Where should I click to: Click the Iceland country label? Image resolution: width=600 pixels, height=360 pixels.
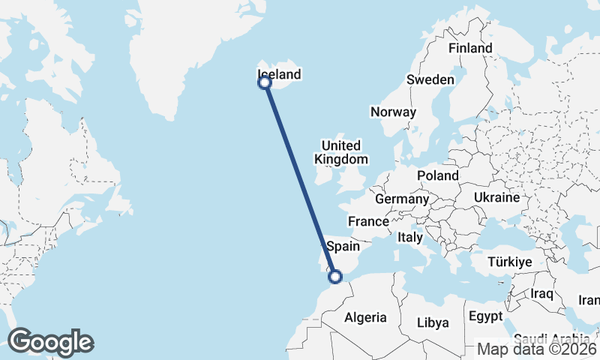tap(279, 74)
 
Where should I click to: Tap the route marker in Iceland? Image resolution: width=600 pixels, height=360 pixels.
tap(265, 83)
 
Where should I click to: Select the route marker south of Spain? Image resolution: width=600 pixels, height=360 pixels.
tap(335, 277)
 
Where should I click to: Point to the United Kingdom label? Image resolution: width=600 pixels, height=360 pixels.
tap(341, 152)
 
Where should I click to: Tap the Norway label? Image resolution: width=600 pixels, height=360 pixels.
tap(393, 112)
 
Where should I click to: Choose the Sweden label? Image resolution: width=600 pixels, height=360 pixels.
tap(430, 79)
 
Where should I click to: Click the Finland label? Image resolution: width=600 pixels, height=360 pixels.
tap(470, 48)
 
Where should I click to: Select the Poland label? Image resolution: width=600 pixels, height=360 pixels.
tap(438, 175)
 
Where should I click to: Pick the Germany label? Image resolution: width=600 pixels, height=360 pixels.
tap(401, 199)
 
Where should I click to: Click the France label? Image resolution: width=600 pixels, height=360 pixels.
tap(368, 221)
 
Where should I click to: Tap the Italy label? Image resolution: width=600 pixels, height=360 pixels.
tap(410, 237)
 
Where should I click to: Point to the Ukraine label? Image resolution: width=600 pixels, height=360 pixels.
tap(496, 198)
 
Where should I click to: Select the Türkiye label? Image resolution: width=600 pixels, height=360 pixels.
tap(509, 262)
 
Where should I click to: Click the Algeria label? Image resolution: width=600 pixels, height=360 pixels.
tap(365, 317)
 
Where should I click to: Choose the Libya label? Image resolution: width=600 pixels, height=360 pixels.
tap(434, 322)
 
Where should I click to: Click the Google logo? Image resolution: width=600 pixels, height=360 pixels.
tap(50, 342)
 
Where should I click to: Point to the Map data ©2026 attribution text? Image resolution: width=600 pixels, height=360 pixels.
tap(537, 349)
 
